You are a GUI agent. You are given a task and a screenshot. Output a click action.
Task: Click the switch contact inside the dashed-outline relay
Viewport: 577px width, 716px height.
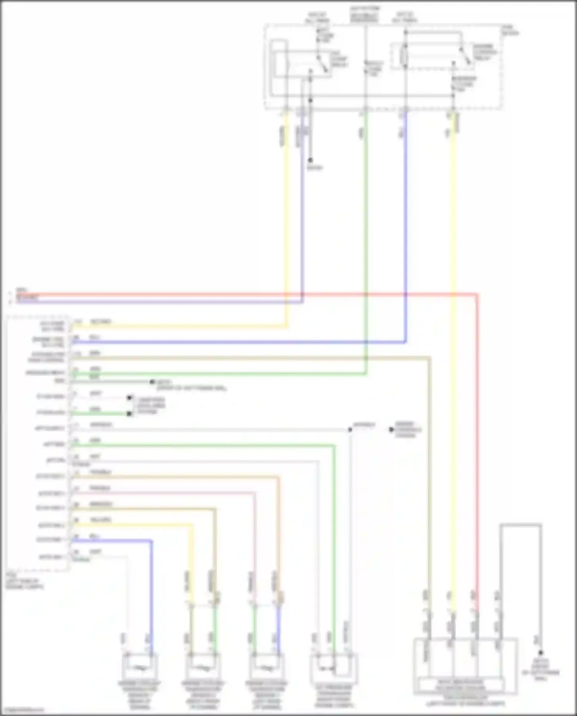(465, 56)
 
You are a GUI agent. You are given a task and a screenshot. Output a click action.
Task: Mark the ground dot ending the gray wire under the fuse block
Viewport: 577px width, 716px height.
(310, 160)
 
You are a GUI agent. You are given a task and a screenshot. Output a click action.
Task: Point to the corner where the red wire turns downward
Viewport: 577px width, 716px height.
(477, 295)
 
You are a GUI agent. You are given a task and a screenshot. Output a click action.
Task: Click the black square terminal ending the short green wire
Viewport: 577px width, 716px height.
(130, 414)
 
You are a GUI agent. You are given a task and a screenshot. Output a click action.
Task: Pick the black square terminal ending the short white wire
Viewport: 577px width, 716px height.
(130, 398)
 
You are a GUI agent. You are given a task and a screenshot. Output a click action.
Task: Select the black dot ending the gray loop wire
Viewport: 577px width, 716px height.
(540, 653)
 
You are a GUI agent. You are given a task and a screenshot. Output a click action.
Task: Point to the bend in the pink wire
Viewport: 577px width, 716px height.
(254, 493)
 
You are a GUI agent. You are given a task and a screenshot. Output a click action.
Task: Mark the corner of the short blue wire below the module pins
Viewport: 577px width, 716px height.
(151, 541)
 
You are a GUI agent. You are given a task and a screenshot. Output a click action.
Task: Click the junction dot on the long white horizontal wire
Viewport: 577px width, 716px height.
(350, 429)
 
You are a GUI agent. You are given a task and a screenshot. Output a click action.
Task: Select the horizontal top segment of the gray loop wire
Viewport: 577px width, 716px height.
(520, 524)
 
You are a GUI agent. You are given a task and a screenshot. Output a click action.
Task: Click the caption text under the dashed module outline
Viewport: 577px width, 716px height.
(25, 581)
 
